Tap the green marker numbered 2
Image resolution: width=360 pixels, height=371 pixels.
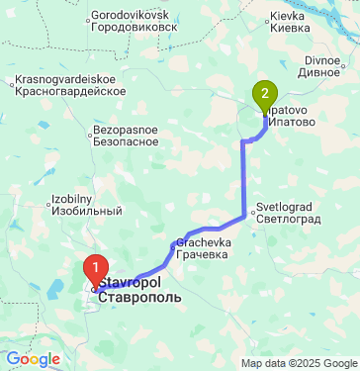pos(264,95)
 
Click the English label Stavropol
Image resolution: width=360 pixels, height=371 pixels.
pos(127,284)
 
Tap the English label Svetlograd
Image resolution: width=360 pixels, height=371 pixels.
pos(287,207)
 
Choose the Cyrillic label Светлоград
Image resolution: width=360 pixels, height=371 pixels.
pos(291,219)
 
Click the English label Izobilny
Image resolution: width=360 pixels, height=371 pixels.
pos(71,199)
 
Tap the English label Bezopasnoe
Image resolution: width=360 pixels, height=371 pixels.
pos(126,130)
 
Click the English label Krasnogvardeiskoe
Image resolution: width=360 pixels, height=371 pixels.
pos(67,77)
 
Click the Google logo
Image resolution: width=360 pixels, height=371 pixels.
pos(34,360)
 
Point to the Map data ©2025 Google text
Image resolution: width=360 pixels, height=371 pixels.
pos(299,363)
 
